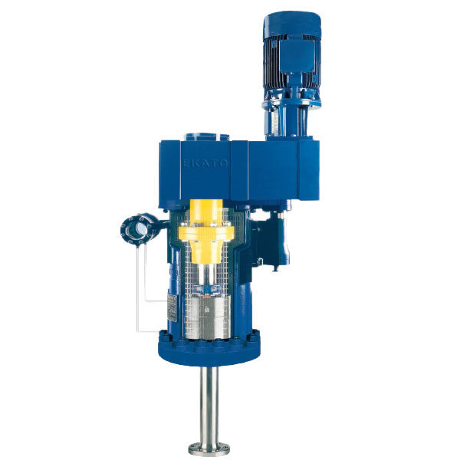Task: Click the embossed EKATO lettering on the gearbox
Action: [x=205, y=163]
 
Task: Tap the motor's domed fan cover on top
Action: [x=292, y=25]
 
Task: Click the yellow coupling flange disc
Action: [x=206, y=233]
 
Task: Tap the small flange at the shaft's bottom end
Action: [x=209, y=450]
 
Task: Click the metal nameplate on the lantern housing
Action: [x=172, y=307]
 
